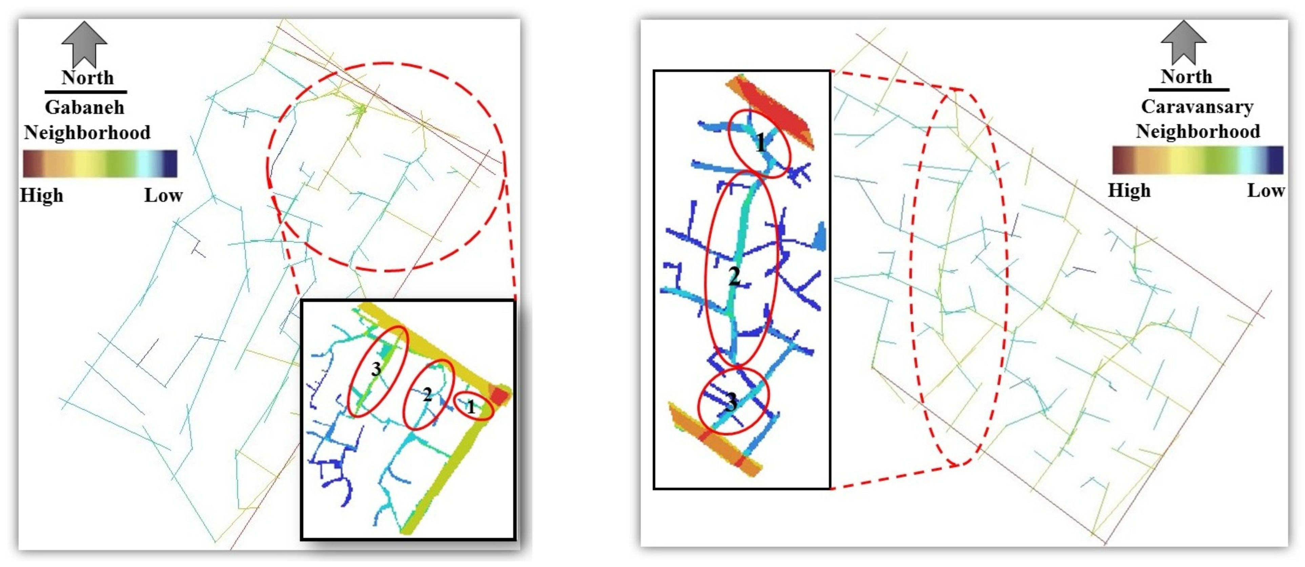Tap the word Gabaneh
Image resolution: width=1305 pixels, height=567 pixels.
click(x=85, y=107)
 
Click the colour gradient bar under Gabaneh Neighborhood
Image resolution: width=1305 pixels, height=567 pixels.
click(x=100, y=163)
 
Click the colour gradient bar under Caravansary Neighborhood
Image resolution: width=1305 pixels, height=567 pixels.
click(x=1198, y=160)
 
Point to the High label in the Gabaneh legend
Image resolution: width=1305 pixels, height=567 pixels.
click(x=42, y=195)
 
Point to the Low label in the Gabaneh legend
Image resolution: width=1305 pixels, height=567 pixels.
click(x=163, y=195)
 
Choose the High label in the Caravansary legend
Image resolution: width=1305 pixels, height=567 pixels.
click(x=1129, y=191)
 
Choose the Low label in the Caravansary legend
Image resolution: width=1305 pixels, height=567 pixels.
click(x=1265, y=191)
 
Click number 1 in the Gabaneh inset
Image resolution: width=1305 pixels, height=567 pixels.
click(x=471, y=407)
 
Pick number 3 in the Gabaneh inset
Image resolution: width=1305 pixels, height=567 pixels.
click(x=376, y=369)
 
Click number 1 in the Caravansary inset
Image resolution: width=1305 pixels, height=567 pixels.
click(x=760, y=143)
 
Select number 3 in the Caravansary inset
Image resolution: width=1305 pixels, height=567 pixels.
click(x=731, y=402)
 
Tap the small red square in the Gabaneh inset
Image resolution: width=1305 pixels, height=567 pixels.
click(x=499, y=396)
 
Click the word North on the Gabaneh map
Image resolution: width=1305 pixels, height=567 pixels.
click(x=87, y=78)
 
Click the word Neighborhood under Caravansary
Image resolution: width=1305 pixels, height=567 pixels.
click(x=1198, y=131)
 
